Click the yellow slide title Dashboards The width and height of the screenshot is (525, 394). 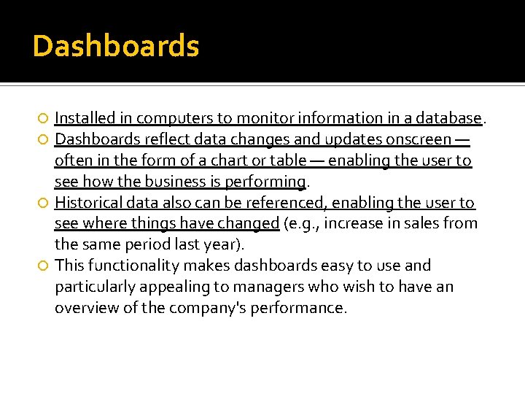click(116, 47)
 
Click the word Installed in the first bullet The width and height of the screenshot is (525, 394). click(83, 118)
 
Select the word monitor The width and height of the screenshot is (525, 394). click(259, 118)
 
